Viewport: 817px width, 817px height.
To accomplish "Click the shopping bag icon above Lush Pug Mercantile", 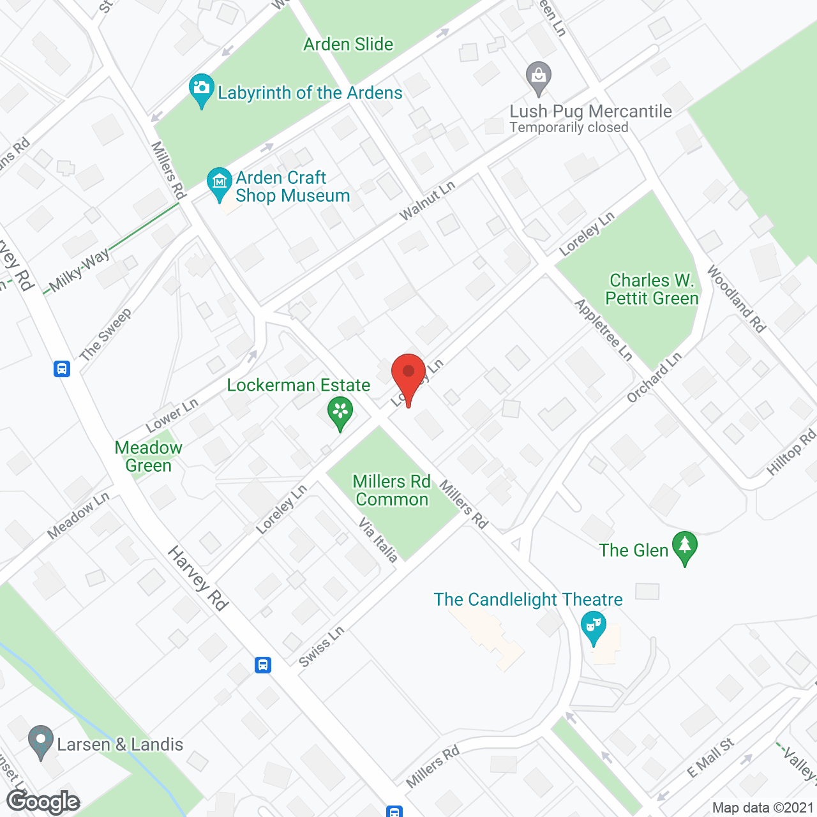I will click(x=539, y=77).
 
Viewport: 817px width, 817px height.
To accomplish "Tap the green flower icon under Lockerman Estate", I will click(x=340, y=412).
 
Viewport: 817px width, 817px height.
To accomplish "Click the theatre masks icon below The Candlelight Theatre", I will click(x=594, y=627).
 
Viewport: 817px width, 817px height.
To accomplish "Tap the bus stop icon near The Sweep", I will click(x=62, y=369).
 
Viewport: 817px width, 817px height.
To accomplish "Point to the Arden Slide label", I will click(x=349, y=45).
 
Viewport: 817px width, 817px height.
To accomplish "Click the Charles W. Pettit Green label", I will click(x=652, y=289).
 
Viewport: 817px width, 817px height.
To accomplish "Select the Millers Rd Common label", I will click(x=392, y=490).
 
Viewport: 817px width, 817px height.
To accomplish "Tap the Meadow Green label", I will click(x=149, y=456).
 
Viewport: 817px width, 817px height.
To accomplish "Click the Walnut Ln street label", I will click(x=427, y=200).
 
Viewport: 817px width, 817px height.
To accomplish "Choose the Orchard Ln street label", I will click(x=654, y=377).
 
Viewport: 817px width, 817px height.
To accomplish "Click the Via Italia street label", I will click(x=379, y=540).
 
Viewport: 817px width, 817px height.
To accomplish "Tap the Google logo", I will click(x=43, y=802).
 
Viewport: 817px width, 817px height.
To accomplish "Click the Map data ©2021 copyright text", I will click(x=763, y=808).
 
